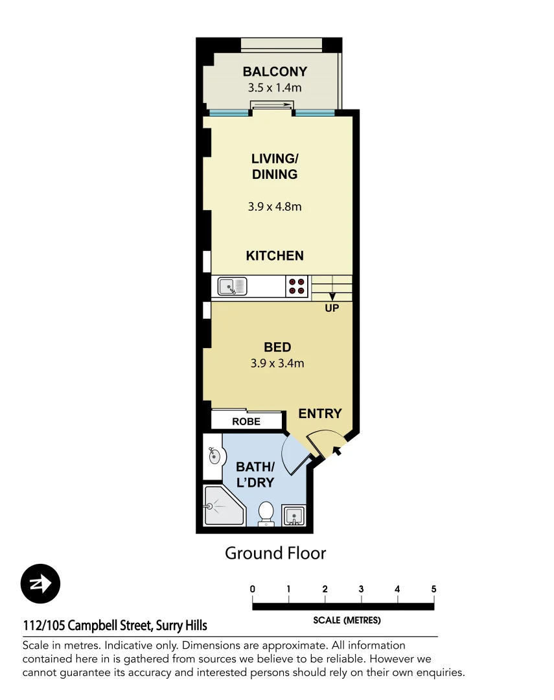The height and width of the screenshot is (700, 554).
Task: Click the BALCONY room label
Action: click(x=275, y=72)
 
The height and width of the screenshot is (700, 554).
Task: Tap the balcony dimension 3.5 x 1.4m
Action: click(x=275, y=87)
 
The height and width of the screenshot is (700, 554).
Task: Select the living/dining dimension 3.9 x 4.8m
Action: click(x=275, y=207)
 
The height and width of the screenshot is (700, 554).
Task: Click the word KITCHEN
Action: click(x=275, y=256)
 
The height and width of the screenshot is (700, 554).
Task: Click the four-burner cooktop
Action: click(x=297, y=286)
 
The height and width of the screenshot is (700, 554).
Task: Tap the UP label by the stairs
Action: click(x=332, y=309)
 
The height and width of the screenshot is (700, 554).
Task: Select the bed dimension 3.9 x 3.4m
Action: click(x=277, y=364)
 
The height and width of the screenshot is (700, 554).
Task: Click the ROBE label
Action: click(x=246, y=421)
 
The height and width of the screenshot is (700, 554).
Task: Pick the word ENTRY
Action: click(x=320, y=414)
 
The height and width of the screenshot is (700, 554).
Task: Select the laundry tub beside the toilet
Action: click(x=295, y=515)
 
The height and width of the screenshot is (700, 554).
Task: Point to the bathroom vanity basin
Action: click(x=213, y=456)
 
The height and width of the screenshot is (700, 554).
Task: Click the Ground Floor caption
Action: click(x=275, y=553)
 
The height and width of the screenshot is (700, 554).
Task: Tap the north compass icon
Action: click(x=40, y=584)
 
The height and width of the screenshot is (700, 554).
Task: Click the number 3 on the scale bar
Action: click(x=361, y=589)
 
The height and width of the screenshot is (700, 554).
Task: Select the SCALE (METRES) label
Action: click(x=347, y=620)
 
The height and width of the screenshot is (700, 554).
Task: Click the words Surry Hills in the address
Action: click(x=181, y=626)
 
